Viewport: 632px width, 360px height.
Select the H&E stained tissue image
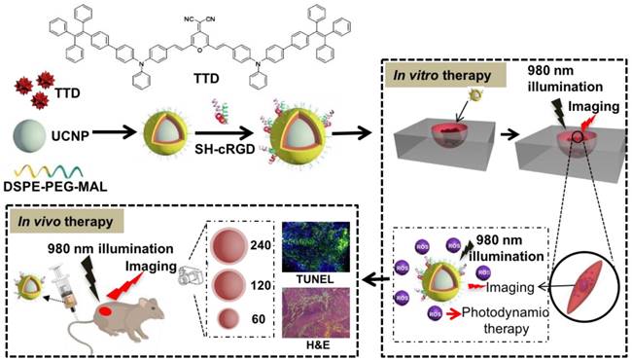pyautogui.click(x=314, y=312)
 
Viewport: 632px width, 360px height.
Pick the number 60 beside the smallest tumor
pyautogui.click(x=255, y=317)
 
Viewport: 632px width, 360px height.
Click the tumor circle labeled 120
pyautogui.click(x=228, y=283)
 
